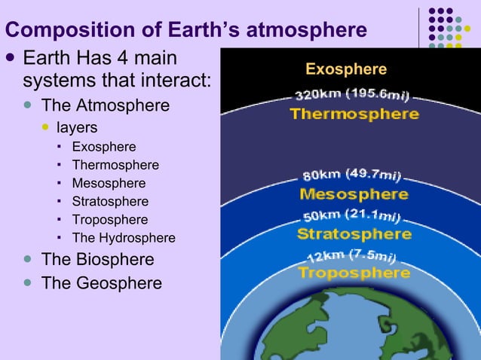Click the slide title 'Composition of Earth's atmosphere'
[x=186, y=30]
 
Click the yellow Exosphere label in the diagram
[x=346, y=70]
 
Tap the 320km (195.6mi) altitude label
[x=352, y=96]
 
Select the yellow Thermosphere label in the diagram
[x=354, y=114]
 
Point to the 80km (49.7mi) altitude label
[x=353, y=175]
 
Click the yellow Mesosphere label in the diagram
[x=354, y=194]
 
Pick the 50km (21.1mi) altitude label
[x=351, y=216]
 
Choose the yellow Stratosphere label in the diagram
[x=354, y=233]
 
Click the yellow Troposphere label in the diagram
[x=354, y=272]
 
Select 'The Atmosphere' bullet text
[x=105, y=105]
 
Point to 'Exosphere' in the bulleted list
[x=104, y=147]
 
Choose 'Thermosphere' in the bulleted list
[x=115, y=165]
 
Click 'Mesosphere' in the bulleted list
[x=109, y=183]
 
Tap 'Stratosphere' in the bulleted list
[x=110, y=202]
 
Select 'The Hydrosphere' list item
[x=123, y=238]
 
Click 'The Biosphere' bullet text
[x=97, y=260]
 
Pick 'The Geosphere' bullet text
[x=101, y=283]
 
